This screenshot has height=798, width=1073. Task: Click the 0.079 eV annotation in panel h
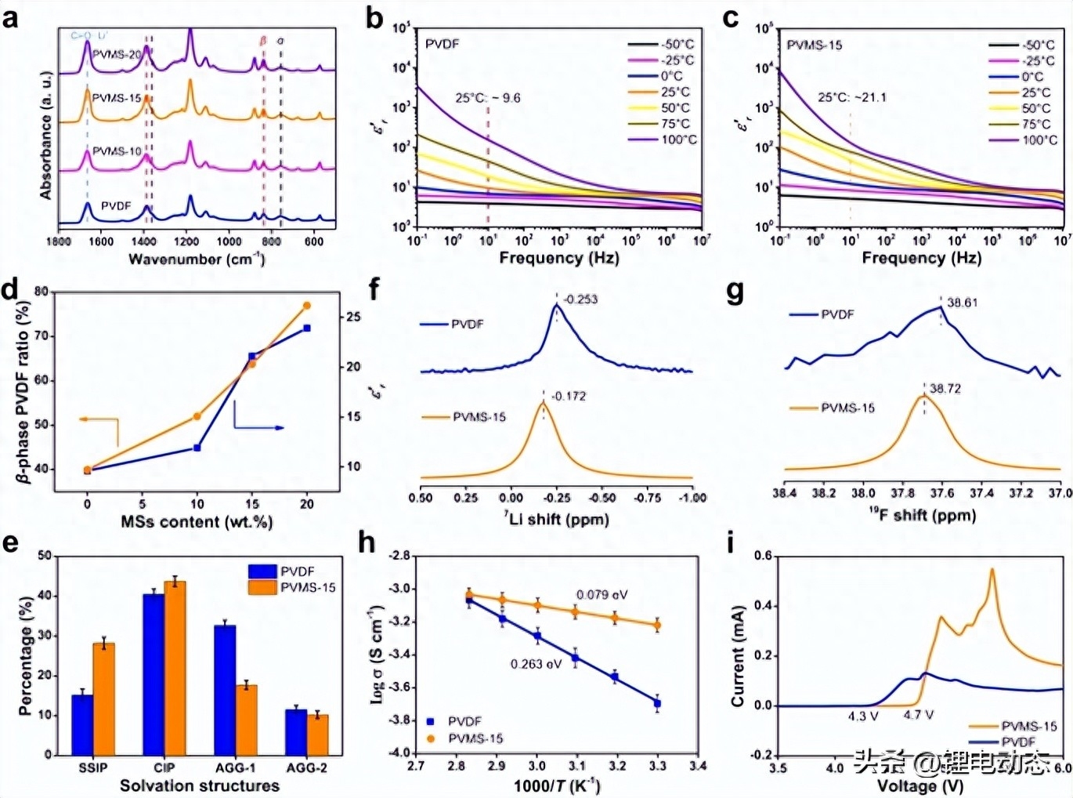[602, 594]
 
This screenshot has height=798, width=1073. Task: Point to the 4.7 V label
[918, 715]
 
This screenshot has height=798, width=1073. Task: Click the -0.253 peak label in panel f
[580, 299]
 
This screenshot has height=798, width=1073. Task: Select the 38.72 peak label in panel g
[945, 388]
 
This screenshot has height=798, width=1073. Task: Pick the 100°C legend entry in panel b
[678, 140]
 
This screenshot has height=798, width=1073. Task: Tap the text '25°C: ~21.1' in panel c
[852, 97]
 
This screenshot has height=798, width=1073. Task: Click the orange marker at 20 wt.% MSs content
[307, 306]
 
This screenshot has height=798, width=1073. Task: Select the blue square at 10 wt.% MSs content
[197, 448]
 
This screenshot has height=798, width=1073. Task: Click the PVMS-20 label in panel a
[117, 54]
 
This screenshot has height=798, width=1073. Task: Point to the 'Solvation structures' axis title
[199, 785]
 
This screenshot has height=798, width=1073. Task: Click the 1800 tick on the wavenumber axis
[59, 241]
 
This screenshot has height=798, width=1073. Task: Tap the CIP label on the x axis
[164, 767]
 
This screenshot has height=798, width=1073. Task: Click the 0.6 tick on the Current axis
[762, 556]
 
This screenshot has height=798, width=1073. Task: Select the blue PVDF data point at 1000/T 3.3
[657, 703]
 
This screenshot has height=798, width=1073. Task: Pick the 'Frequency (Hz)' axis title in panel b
[558, 258]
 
